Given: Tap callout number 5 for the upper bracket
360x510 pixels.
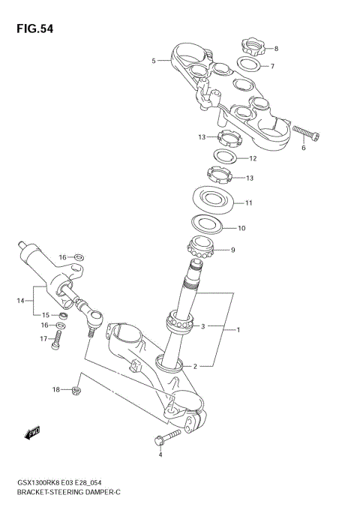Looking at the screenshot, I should pos(154,61).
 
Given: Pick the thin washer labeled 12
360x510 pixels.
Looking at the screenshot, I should pos(223,157).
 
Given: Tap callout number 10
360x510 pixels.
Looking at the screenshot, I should pos(241,228).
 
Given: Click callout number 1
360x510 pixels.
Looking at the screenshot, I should pos(238,329).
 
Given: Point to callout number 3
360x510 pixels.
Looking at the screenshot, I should pos(202,326).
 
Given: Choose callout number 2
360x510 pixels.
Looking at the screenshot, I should pos(196,366).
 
